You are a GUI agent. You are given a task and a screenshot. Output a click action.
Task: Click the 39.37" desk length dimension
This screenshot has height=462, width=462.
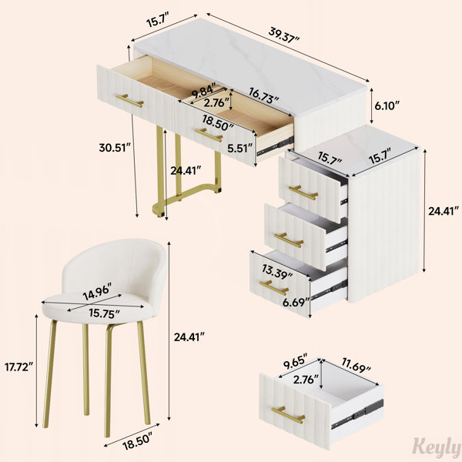283,35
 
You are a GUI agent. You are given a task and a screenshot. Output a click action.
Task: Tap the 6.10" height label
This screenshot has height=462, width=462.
387,105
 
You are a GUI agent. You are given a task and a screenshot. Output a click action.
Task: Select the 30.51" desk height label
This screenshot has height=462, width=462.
115,148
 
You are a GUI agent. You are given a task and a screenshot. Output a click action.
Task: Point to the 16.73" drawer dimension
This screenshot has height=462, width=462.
263,95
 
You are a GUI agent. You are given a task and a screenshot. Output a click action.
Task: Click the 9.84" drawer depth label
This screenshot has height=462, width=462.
204,91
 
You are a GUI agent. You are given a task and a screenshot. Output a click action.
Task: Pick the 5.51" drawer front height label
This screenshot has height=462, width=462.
240,148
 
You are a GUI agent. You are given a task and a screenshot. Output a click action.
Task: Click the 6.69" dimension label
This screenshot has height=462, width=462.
296,303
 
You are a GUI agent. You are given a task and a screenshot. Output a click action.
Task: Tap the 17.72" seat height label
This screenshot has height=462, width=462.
18,367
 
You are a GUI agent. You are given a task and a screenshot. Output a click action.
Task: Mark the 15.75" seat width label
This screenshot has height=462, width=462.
104,313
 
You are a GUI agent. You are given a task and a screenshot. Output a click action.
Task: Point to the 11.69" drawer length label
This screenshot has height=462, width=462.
356,364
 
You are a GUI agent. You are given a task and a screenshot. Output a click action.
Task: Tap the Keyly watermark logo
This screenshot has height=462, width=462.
437,448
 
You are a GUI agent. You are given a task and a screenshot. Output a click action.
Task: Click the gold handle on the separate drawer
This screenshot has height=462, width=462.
288,415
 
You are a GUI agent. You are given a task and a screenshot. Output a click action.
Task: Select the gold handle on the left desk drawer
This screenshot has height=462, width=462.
129,100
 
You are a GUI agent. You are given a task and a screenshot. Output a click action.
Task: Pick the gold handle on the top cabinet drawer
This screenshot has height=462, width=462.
303,192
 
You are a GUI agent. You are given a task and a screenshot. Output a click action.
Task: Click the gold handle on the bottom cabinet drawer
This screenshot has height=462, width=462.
273,287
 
